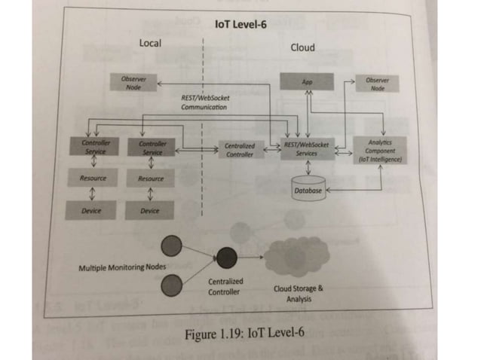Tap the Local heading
coord(151,44)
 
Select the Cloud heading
coord(302,48)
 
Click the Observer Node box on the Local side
coord(133,82)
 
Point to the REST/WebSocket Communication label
coord(206,102)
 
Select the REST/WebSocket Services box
coord(306,148)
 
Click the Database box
coord(308,191)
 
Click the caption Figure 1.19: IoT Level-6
coord(239,332)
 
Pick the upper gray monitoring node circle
coord(172,245)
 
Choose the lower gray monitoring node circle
coord(172,285)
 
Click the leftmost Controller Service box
coord(97,148)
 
